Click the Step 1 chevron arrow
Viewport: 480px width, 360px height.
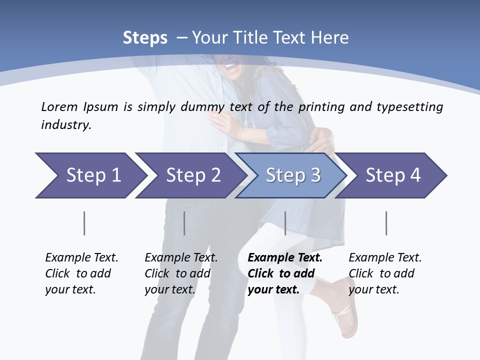90,175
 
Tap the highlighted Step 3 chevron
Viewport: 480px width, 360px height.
292,175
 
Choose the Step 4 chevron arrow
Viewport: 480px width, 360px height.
392,175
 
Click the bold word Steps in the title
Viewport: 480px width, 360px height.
145,38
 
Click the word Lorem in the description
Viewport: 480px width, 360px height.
59,107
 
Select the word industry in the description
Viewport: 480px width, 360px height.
65,125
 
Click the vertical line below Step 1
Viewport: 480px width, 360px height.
84,223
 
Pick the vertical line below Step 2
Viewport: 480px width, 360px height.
184,223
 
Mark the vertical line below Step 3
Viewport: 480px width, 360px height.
285,223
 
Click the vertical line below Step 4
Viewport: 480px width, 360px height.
386,223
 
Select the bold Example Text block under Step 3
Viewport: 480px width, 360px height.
285,273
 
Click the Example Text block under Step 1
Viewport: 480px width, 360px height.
81,273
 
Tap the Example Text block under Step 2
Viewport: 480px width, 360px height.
181,273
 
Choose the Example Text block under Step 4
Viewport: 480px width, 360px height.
385,273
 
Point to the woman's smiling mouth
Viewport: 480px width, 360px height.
230,65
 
